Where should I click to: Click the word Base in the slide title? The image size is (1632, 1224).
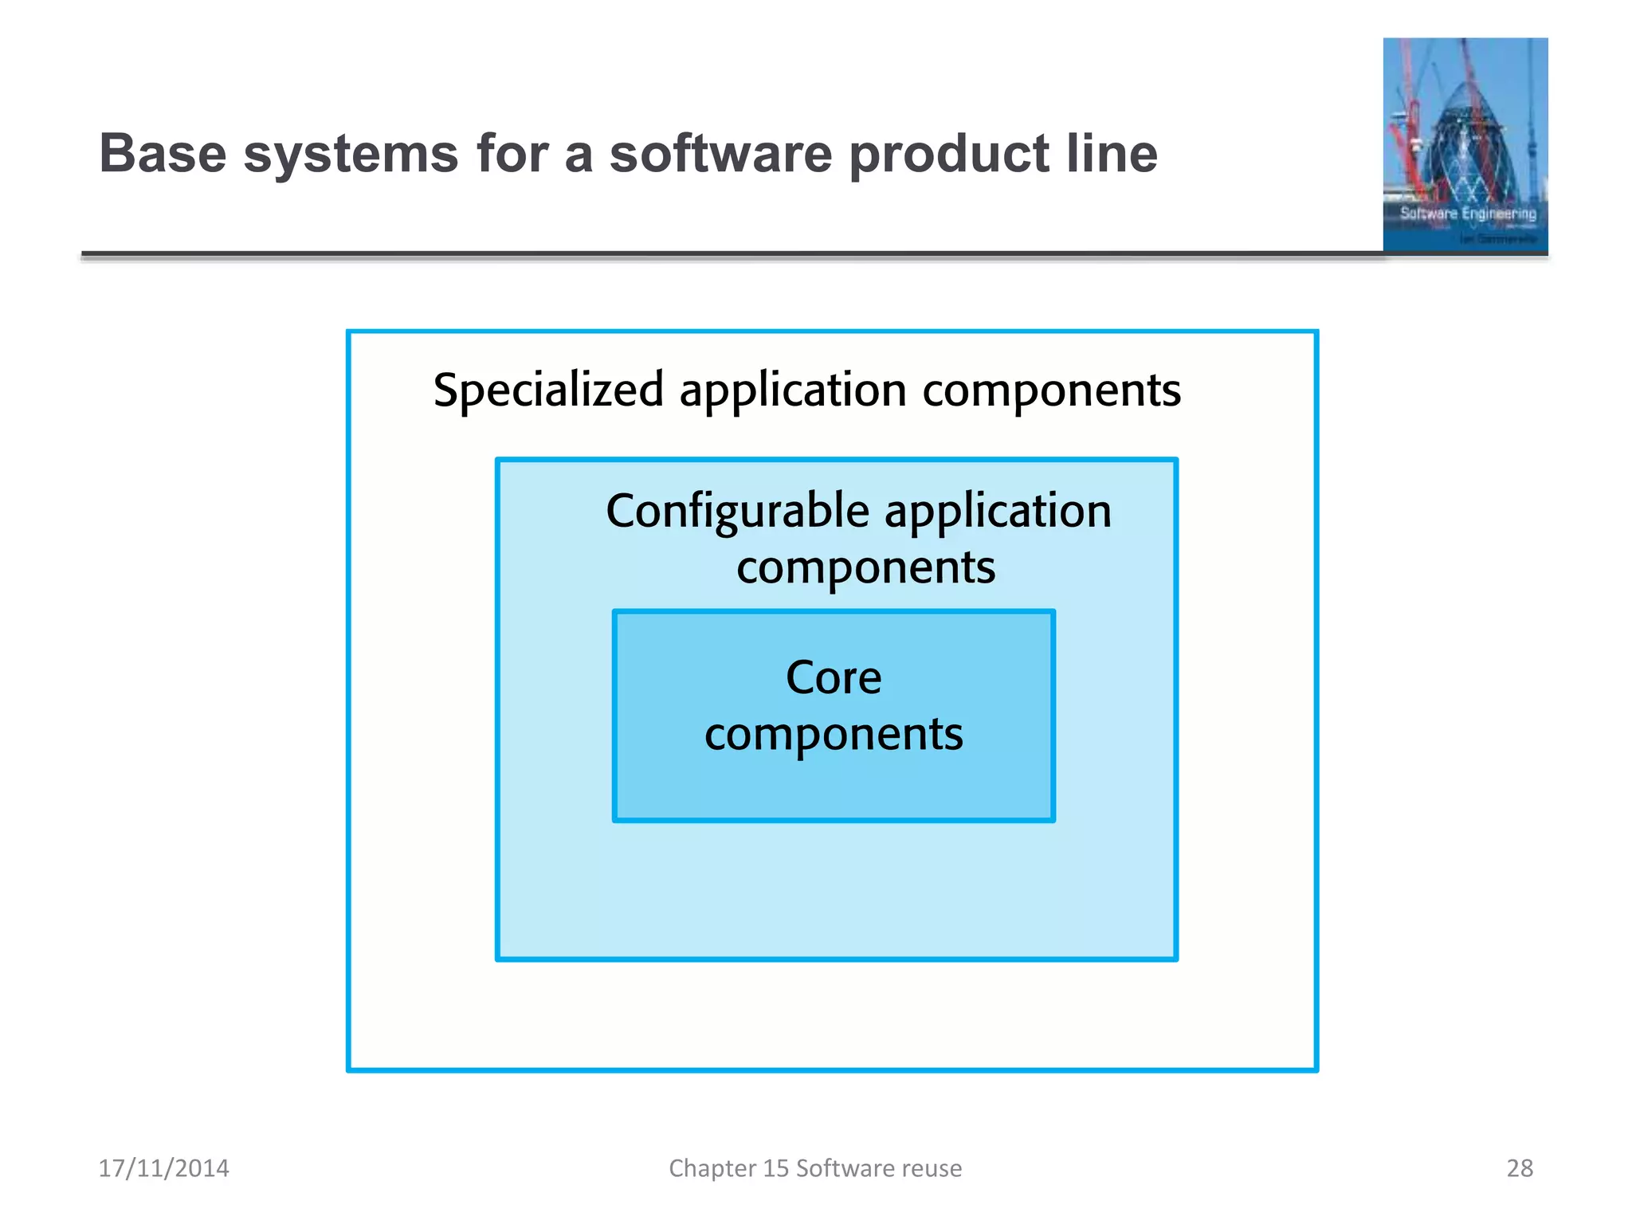tap(163, 153)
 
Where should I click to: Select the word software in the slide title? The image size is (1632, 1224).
tap(720, 153)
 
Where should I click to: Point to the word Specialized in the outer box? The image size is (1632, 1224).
tap(548, 390)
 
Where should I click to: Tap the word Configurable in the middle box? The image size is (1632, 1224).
tap(737, 512)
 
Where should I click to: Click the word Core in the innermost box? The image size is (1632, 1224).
tap(834, 678)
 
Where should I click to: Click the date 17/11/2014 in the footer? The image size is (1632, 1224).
tap(163, 1168)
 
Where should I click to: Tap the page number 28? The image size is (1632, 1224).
tap(1520, 1168)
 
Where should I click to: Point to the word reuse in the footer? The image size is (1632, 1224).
tap(932, 1168)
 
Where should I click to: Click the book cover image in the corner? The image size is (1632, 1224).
tap(1465, 145)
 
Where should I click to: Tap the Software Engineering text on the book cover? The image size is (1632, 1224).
tap(1468, 214)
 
